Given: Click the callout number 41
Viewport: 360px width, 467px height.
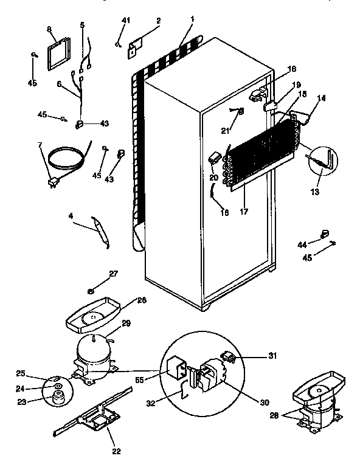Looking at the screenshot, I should coord(126,21).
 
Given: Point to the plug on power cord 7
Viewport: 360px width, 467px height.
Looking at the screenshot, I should coord(52,181).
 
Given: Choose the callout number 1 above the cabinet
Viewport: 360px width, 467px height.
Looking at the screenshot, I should coord(193,20).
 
